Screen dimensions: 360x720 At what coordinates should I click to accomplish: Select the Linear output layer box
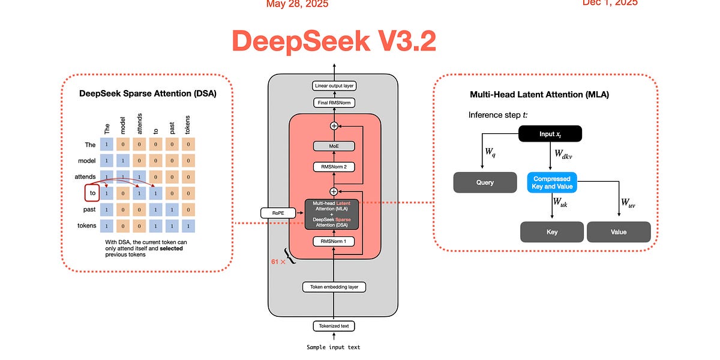(x=334, y=86)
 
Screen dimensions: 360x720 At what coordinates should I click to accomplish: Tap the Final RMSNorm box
(x=334, y=103)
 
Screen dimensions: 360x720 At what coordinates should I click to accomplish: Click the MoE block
(x=334, y=146)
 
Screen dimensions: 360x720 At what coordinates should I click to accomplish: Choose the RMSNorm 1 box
(x=334, y=241)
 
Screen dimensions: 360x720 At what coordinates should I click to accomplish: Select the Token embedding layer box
(x=334, y=287)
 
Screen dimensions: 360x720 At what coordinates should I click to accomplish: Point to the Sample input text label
(x=334, y=347)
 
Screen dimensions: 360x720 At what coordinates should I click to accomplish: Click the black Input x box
(x=550, y=134)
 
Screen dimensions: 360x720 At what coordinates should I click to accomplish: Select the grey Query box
(x=485, y=182)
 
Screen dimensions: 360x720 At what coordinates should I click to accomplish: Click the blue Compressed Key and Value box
(x=551, y=182)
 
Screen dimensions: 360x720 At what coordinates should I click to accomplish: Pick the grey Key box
(x=551, y=232)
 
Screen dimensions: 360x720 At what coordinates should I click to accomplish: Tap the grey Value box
(x=618, y=232)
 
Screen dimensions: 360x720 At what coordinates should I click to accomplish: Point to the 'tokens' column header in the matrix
(x=188, y=125)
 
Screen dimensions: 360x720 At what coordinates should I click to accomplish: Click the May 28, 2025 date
(x=298, y=4)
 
